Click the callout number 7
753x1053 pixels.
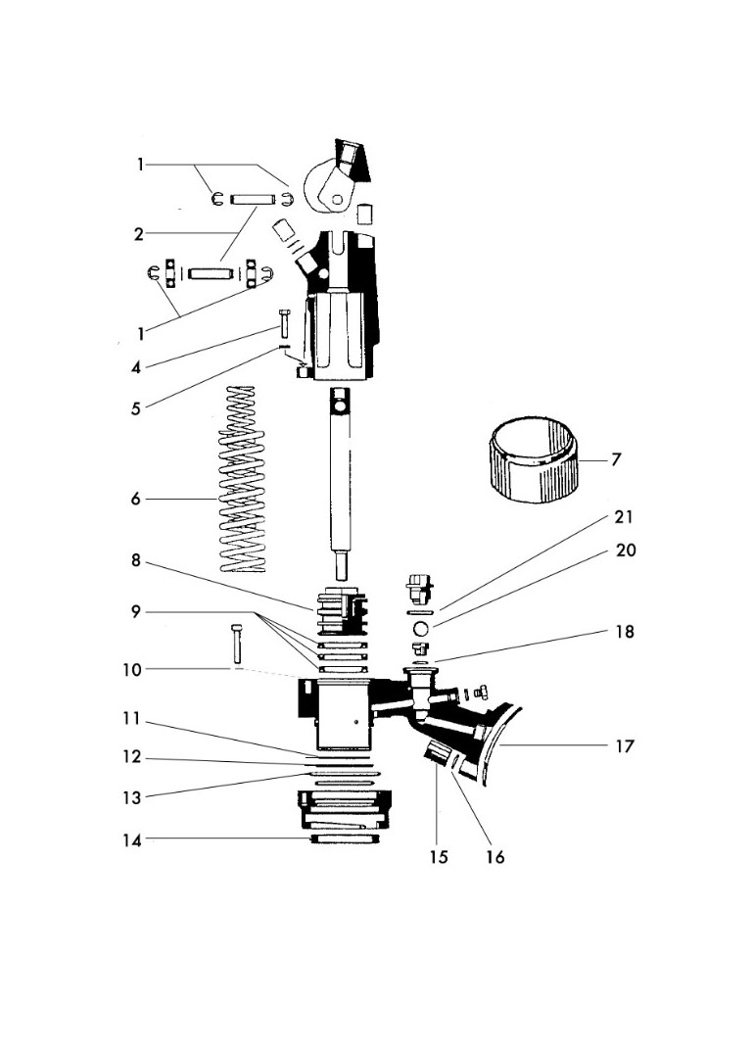point(616,458)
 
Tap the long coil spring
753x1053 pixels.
point(239,480)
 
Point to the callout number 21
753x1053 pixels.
point(624,516)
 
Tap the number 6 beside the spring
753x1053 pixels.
point(135,499)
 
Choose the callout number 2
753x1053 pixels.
point(139,234)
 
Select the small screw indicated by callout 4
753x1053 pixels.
point(283,322)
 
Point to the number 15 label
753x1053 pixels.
point(438,857)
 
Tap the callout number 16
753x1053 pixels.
point(494,857)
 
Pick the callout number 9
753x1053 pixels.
point(135,611)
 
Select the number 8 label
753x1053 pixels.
point(135,561)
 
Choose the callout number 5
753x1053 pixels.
point(135,407)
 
